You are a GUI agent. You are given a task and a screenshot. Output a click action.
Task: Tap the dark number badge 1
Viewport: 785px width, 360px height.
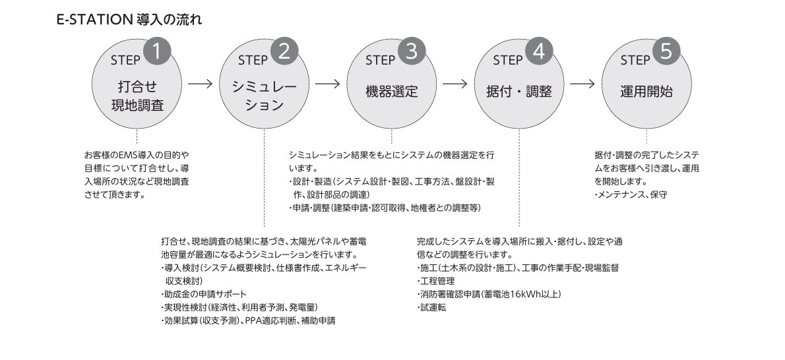(x=157, y=52)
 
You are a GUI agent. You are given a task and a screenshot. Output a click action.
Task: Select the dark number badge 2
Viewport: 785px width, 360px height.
(x=284, y=52)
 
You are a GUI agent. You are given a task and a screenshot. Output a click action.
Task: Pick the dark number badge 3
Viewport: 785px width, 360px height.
(x=412, y=52)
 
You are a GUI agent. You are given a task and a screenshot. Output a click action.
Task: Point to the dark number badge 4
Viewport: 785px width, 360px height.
(x=539, y=52)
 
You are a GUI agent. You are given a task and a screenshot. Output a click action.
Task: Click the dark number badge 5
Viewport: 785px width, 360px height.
(x=666, y=52)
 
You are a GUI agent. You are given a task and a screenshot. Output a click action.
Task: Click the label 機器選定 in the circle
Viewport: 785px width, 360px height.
(x=392, y=92)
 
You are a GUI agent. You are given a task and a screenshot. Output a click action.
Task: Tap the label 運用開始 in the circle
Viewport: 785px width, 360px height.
(x=646, y=92)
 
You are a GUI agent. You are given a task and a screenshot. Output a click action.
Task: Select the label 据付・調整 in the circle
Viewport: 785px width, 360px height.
(x=519, y=92)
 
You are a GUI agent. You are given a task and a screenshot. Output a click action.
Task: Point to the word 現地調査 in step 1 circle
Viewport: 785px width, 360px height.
(x=137, y=105)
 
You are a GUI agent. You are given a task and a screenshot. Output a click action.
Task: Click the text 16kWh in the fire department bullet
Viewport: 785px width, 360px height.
(x=522, y=294)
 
